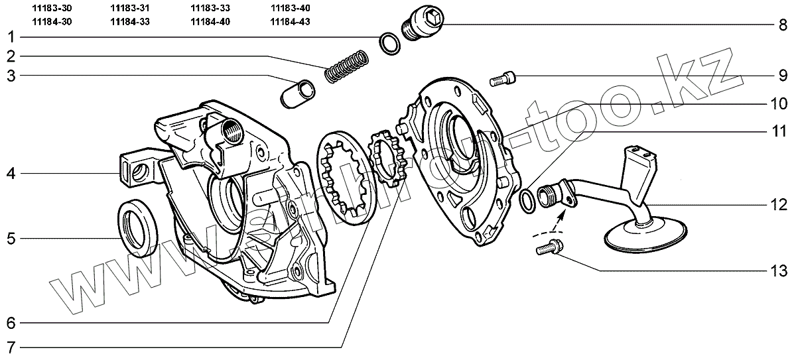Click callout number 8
783,25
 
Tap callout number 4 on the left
11,174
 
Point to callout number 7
11,347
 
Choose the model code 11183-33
210,9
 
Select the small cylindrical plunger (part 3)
295,93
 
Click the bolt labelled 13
546,249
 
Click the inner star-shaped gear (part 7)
387,162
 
